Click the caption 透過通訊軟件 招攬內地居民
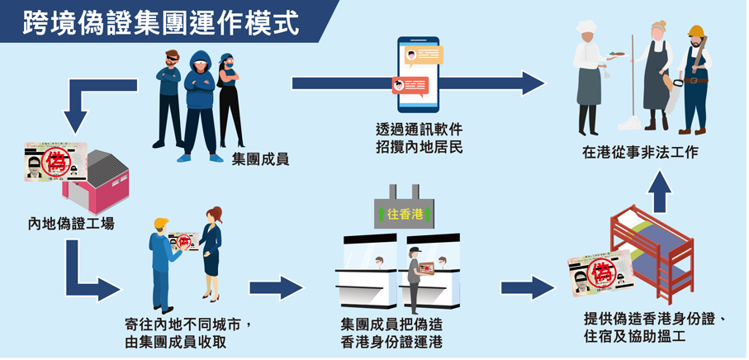click(419, 139)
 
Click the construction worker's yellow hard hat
click(695, 31)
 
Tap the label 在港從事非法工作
click(640, 153)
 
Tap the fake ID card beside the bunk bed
click(599, 275)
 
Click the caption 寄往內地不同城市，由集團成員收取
click(187, 333)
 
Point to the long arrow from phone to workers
click(417, 83)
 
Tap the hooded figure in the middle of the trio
click(200, 99)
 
